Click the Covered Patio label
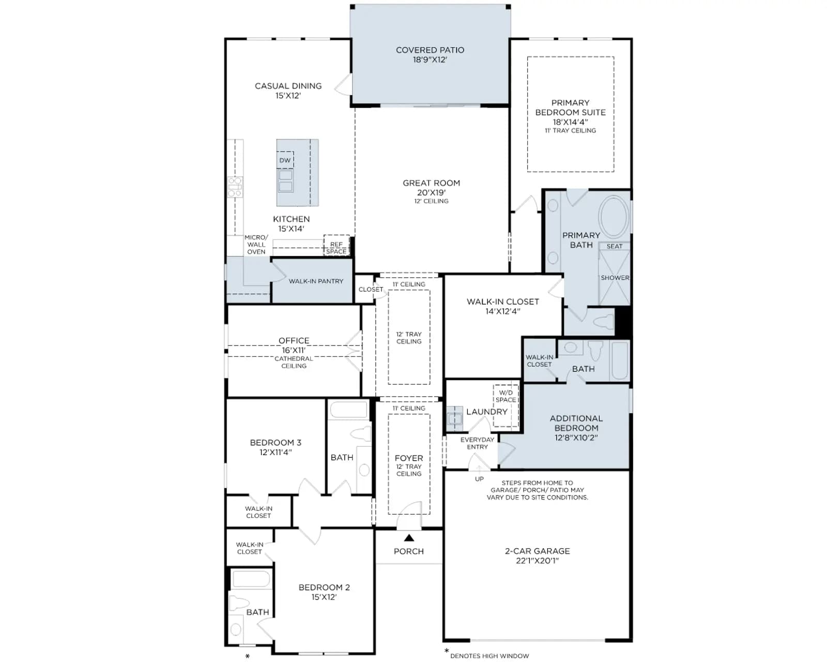(430, 50)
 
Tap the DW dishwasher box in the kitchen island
(285, 160)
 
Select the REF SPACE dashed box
(336, 245)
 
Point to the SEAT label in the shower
(614, 246)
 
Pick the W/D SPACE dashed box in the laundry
(506, 405)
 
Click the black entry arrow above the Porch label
(409, 537)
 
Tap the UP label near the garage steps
(479, 479)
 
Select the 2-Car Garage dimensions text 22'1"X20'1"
(537, 561)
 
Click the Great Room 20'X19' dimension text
(431, 192)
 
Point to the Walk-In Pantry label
(316, 281)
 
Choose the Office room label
(294, 340)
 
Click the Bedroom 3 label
(275, 442)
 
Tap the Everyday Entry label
(477, 443)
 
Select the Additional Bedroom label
(576, 423)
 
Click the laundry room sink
(455, 418)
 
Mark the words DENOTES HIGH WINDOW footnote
(489, 656)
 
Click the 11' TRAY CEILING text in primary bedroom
(570, 131)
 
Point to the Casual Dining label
(288, 86)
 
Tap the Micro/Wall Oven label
(256, 245)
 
